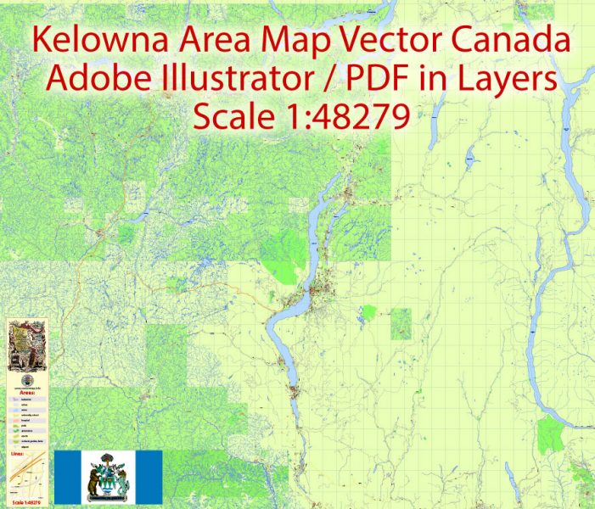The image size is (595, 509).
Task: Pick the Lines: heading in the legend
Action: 18,456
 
